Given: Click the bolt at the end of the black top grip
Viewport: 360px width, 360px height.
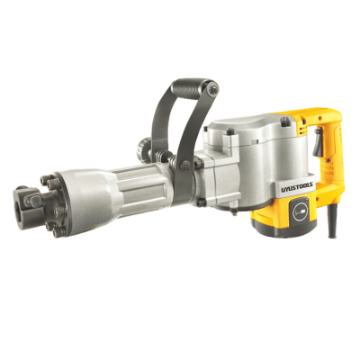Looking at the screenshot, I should point(211,87).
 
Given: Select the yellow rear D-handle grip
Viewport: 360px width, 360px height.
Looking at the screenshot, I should point(324,171).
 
